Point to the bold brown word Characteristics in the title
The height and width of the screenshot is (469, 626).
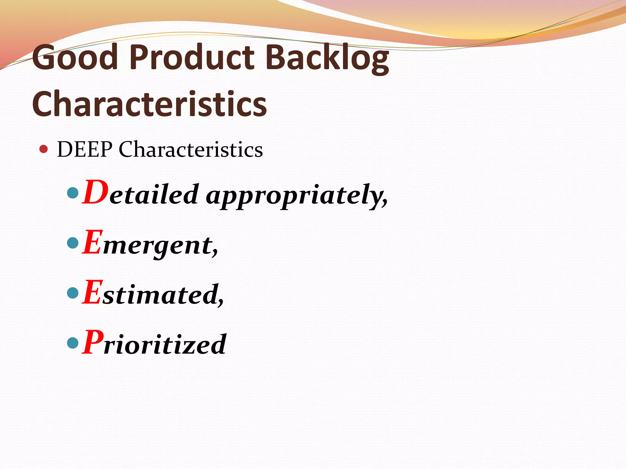(x=149, y=104)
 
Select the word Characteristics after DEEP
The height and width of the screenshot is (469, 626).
(x=191, y=150)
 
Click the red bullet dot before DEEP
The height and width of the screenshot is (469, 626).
(x=44, y=149)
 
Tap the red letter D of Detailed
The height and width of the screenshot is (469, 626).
(x=95, y=192)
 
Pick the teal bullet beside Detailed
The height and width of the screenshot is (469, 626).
(x=73, y=193)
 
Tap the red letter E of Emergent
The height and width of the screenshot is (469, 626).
(x=92, y=242)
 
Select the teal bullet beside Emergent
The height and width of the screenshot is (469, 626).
(x=73, y=243)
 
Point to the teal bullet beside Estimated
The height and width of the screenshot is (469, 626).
(x=73, y=293)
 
